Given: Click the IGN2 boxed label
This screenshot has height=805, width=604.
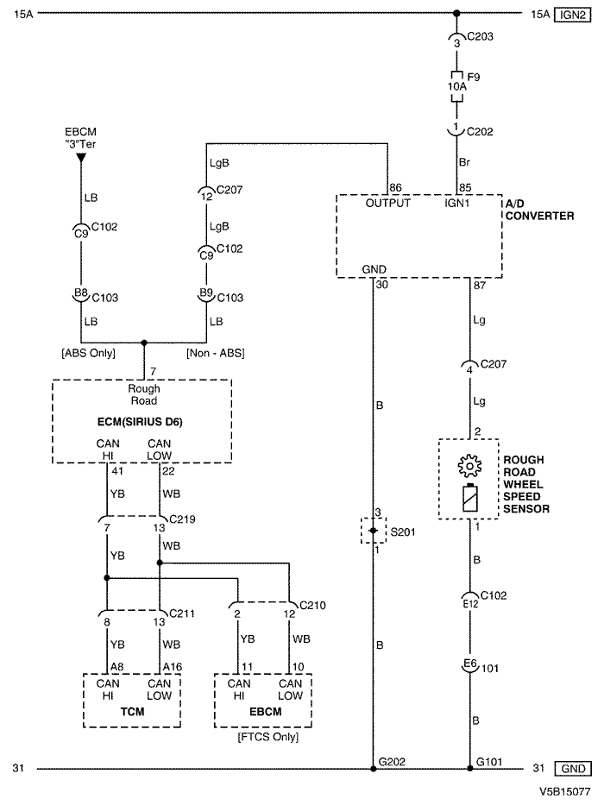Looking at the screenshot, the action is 572,15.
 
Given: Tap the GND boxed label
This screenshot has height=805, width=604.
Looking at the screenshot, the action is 572,769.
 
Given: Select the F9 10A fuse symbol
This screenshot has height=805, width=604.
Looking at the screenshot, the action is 456,86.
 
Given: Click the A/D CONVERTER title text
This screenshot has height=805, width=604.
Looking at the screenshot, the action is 539,210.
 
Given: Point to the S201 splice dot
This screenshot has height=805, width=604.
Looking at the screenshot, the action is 374,531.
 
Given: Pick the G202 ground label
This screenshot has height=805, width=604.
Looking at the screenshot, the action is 392,762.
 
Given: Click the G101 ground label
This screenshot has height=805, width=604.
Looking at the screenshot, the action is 489,762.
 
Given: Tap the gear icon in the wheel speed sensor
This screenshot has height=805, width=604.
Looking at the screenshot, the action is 469,466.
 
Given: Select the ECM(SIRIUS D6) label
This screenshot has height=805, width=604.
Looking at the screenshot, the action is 140,422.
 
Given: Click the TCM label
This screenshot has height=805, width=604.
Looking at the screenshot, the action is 132,712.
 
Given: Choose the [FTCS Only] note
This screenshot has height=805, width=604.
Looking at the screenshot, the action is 267,737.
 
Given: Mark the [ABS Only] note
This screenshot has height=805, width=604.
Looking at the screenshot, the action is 88,353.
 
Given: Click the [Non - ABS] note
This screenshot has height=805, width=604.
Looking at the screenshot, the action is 215,353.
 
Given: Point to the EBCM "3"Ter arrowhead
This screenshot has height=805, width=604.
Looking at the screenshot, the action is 81,158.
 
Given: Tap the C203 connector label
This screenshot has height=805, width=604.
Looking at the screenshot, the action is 480,36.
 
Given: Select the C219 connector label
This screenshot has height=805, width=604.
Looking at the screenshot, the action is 182,519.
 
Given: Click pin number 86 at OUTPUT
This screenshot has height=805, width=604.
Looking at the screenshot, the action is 395,188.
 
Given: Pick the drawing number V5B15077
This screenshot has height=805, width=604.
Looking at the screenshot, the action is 564,793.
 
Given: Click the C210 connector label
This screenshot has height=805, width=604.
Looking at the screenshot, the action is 312,606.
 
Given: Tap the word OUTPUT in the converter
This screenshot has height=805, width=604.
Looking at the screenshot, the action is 387,204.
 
